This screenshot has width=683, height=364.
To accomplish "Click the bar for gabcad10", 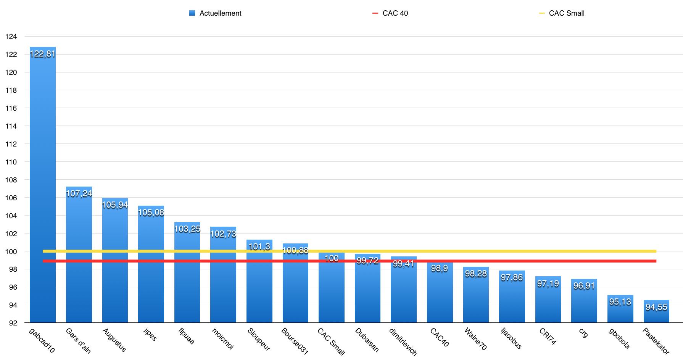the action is pos(43,185).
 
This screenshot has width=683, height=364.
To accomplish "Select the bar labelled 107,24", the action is pos(79,254).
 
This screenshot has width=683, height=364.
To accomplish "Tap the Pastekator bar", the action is pos(656,311).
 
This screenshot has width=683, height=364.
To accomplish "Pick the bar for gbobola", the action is pos(620,309).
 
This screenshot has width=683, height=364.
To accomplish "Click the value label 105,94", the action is pos(115,205).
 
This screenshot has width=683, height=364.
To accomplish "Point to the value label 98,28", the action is pos(476,274).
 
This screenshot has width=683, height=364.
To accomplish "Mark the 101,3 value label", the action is pos(259,246).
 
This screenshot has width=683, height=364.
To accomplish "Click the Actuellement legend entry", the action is pos(216,13).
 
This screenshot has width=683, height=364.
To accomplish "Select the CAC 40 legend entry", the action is pos(390,13).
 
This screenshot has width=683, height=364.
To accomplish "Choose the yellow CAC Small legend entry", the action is pos(562,13).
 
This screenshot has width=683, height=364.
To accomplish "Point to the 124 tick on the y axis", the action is pos(11,37).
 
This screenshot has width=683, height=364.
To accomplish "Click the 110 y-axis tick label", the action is pos(11,162).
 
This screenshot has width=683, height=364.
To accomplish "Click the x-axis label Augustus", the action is pos(114,340).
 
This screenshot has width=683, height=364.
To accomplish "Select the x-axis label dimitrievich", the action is pos(403,341).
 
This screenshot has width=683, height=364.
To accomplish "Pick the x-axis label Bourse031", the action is pos(295,341).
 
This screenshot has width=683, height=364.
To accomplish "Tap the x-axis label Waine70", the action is pos(475,339).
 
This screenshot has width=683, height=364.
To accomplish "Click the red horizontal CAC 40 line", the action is pos(350,261).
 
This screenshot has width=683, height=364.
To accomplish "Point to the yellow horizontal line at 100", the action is pos(350,251).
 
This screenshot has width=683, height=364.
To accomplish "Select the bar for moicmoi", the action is pos(223,275).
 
